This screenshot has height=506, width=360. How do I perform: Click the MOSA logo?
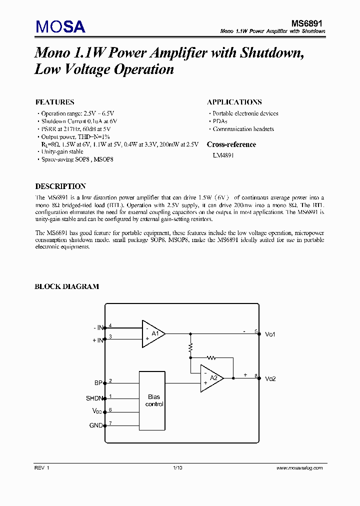(60, 27)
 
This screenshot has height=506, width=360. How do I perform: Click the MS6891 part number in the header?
(308, 23)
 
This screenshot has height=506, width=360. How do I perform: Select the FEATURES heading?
(54, 102)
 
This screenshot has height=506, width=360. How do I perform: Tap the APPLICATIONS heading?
(234, 102)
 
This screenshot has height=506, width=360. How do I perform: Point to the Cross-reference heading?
(231, 144)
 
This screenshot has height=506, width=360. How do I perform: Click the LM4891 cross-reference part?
(223, 155)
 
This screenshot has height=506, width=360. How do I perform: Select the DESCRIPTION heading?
(60, 186)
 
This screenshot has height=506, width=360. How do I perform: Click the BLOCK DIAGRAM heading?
(66, 286)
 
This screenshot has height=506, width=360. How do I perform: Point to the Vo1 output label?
(270, 334)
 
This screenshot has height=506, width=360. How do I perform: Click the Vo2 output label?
(270, 378)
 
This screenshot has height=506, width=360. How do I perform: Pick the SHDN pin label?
(94, 398)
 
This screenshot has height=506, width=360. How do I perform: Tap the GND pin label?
(95, 425)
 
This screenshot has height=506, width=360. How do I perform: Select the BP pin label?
(98, 383)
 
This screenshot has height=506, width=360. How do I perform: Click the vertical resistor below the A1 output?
(190, 347)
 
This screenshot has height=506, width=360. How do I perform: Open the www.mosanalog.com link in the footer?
(300, 468)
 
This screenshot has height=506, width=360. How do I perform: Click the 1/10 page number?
(177, 468)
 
